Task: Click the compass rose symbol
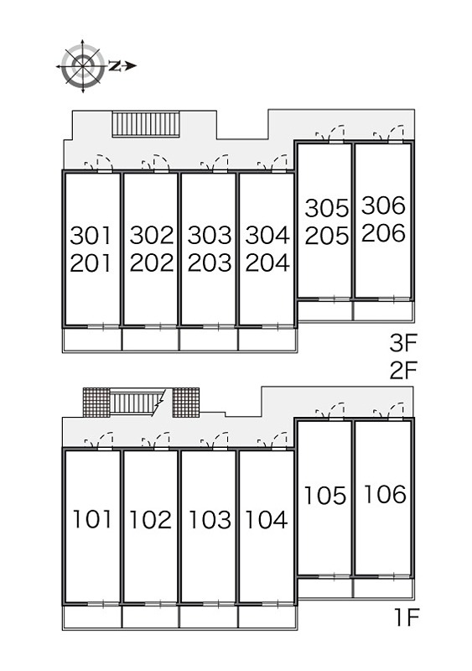(83, 66)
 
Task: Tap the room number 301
(91, 236)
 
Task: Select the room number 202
(152, 263)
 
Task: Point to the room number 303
(210, 236)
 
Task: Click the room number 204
(267, 263)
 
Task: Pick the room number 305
(327, 208)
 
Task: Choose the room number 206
(383, 233)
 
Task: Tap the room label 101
(92, 519)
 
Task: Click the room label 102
(150, 519)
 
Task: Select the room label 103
(210, 519)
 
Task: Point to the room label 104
(266, 519)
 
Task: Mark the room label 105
(324, 496)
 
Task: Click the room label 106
(385, 494)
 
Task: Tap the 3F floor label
(402, 343)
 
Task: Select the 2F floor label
(402, 370)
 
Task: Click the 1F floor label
(405, 616)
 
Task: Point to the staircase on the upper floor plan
(146, 124)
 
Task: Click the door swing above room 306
(389, 133)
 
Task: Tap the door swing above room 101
(99, 440)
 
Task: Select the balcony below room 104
(267, 617)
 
